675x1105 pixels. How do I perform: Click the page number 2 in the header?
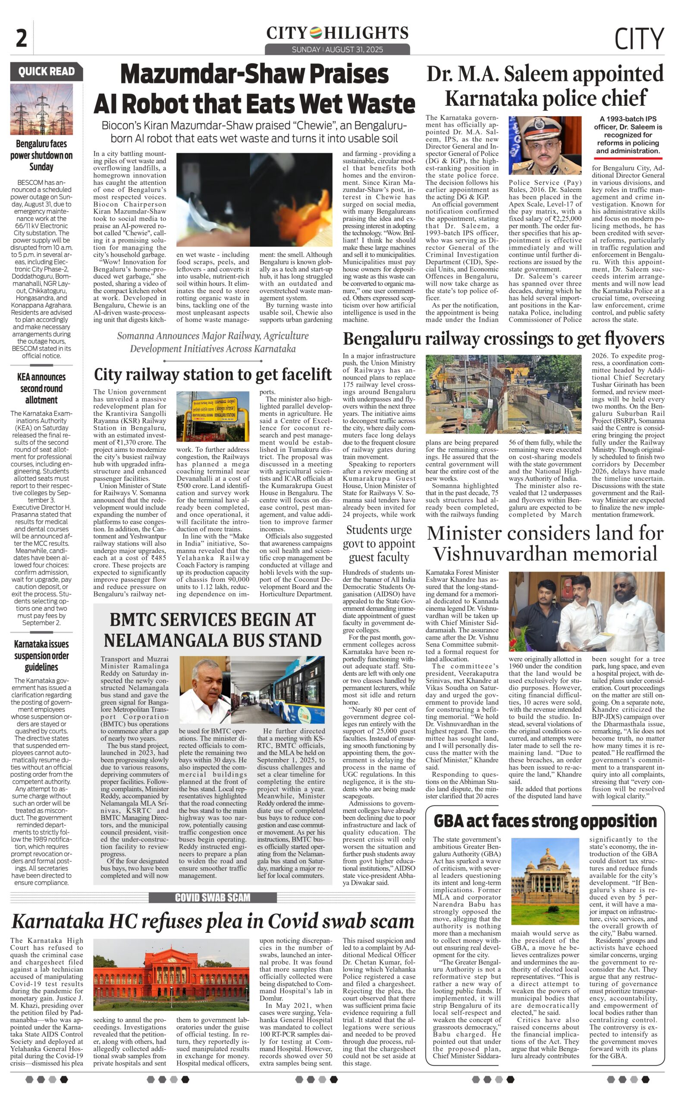coord(21,38)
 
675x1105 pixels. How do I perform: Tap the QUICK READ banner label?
coord(46,71)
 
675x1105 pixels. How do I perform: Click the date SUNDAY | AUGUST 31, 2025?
coord(337,49)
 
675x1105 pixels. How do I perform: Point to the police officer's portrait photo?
coord(545,145)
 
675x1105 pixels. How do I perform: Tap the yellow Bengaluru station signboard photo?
coord(213,416)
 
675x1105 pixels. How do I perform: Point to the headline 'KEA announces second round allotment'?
coord(41,388)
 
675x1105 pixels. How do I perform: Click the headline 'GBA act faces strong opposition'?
coord(545,821)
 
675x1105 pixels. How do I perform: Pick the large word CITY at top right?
coord(639,38)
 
